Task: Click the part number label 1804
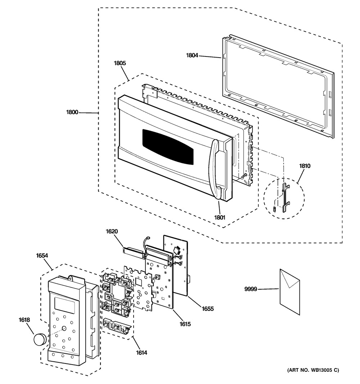coord(192,55)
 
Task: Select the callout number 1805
coord(120,63)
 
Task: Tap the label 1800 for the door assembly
coord(72,112)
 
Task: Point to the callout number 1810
coord(305,166)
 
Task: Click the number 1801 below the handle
coord(220,217)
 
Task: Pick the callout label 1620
coord(112,231)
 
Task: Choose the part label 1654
coord(42,256)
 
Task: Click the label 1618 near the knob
coord(24,320)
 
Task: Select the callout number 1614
coord(141,353)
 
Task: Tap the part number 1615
coord(185,324)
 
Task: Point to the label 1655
coord(208,309)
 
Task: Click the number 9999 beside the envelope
coord(251,289)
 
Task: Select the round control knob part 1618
coord(40,339)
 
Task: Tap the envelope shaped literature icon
coord(290,292)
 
